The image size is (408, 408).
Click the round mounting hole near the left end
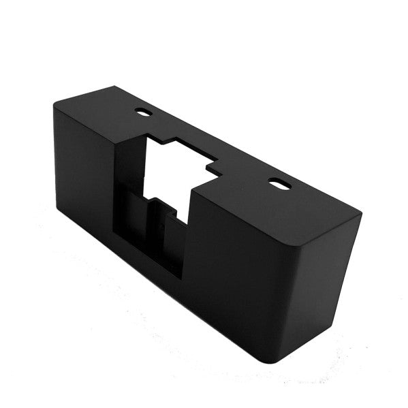click(x=144, y=111)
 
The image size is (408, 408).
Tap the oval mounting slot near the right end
click(x=277, y=183)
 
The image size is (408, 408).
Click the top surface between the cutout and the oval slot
click(x=245, y=178)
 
